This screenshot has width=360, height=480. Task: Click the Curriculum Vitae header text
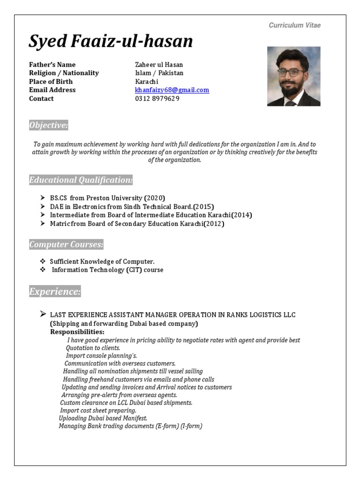(294, 25)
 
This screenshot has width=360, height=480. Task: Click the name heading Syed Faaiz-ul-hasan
(111, 41)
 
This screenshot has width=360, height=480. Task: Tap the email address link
(172, 90)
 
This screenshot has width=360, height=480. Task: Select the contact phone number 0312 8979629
(157, 98)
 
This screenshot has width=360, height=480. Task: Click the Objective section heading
(48, 125)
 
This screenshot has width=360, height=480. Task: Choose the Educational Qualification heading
(81, 180)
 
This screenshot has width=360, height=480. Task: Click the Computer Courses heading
(66, 245)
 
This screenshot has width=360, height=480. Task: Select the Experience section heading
(55, 292)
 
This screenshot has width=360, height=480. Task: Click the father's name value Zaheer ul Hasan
(159, 65)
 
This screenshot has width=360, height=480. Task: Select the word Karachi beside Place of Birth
(147, 82)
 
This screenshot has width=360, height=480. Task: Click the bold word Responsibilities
(77, 332)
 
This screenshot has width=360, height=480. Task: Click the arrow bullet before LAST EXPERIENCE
(43, 314)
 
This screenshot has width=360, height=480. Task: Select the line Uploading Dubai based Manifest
(103, 418)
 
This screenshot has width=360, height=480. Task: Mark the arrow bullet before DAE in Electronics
(43, 206)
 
